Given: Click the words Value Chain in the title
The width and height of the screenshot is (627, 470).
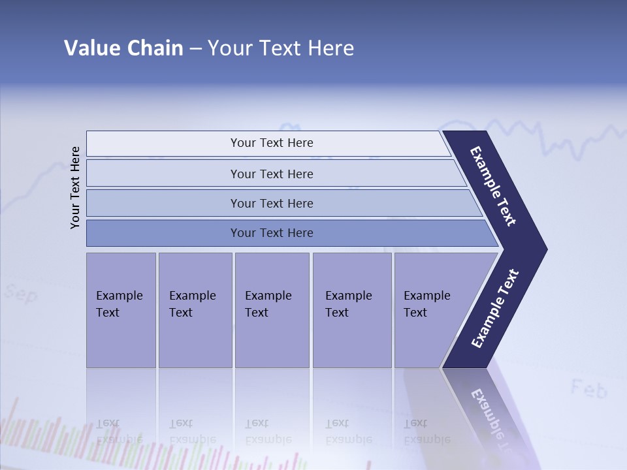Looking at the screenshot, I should (x=123, y=48).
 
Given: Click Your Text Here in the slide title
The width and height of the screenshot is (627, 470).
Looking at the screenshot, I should (x=281, y=48).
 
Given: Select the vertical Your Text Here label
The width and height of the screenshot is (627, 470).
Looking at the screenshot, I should (x=75, y=187).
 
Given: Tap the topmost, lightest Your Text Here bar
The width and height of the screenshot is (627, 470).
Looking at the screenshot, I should (x=272, y=143).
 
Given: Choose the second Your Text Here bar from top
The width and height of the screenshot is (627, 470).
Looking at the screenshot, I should (x=272, y=174).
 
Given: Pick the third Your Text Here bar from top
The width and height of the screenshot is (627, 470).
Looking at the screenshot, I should (x=272, y=203).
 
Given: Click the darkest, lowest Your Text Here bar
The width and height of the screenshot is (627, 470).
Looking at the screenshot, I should (x=272, y=233).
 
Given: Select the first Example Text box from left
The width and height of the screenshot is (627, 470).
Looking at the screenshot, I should (x=121, y=310).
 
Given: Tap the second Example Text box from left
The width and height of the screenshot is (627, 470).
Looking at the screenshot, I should (x=195, y=310).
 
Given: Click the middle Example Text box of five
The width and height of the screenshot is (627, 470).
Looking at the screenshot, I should (x=272, y=310).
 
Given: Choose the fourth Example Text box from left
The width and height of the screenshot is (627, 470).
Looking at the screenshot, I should (x=351, y=310).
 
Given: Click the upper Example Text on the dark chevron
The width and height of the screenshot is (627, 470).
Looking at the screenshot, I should (x=493, y=186).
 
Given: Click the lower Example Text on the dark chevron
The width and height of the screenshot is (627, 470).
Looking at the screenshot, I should (x=495, y=309).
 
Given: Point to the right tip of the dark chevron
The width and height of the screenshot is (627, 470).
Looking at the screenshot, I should (x=545, y=249).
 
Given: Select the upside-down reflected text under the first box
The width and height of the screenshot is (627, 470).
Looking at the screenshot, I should (x=119, y=431).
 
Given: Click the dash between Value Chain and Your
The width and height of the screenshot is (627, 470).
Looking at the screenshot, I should (x=195, y=49).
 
